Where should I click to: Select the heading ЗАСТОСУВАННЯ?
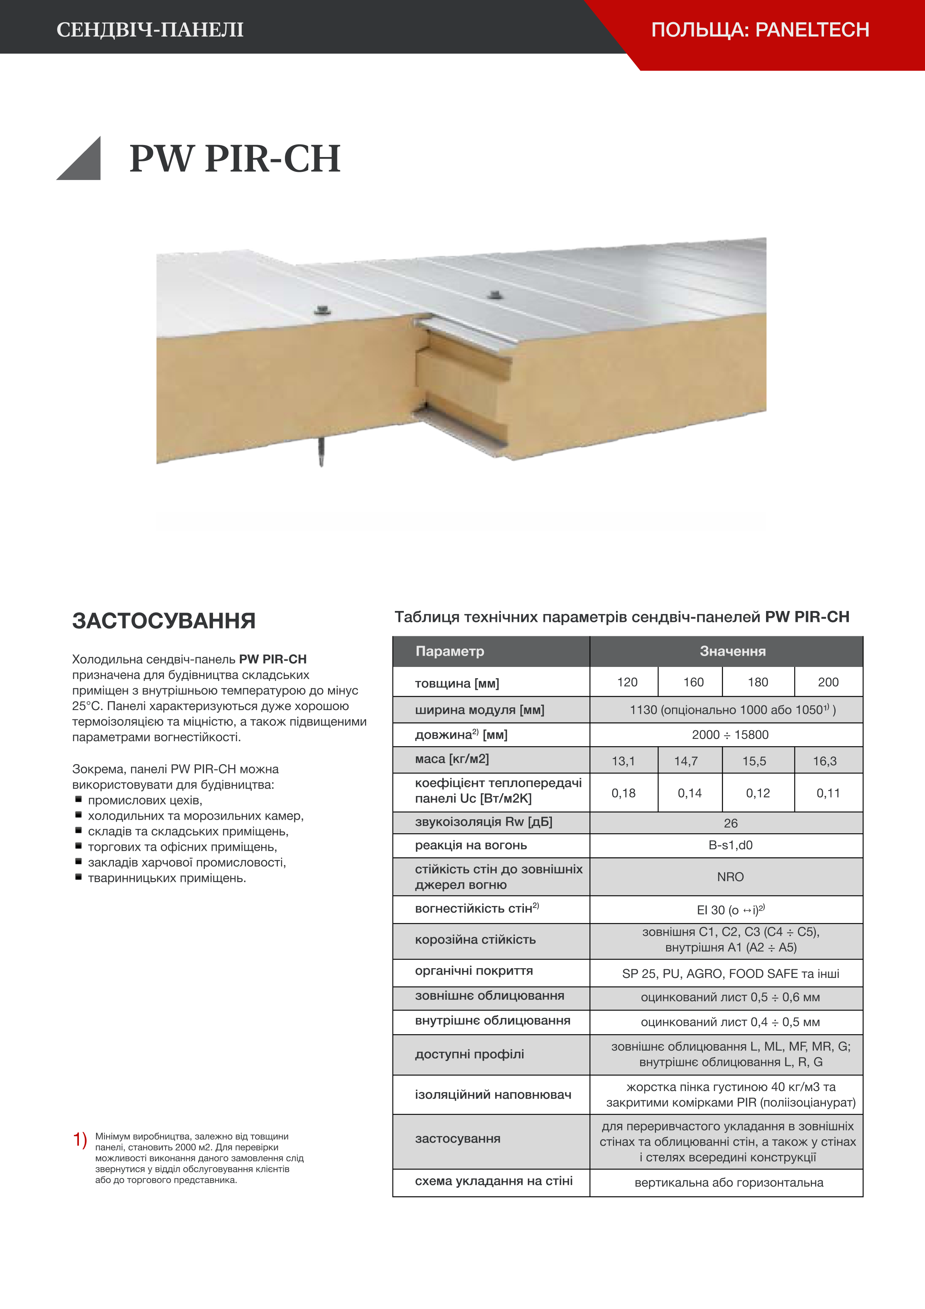point(164,621)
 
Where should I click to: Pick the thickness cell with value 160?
point(693,682)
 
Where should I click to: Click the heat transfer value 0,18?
point(623,793)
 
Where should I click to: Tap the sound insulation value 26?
point(731,823)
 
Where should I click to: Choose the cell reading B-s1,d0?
point(731,845)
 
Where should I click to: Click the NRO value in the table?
point(731,877)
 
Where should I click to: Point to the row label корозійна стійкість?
point(475,939)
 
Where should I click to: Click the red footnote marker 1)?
point(80,1140)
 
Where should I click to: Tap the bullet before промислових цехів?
point(79,800)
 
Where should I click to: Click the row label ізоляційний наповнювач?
point(493,1094)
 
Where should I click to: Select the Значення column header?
point(733,651)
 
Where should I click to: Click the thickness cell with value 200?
point(828,682)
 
